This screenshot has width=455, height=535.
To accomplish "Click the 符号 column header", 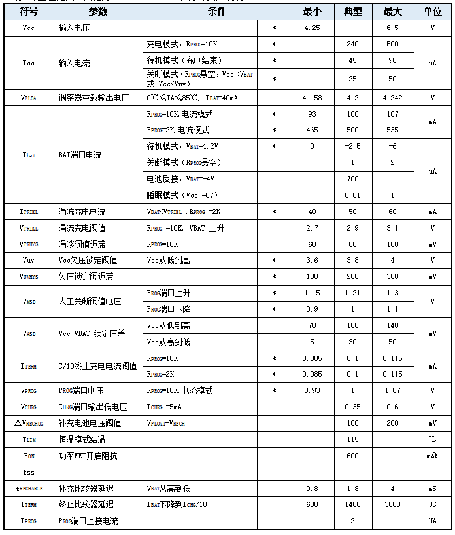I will [x=28, y=12].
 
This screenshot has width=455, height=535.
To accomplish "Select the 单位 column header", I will [x=432, y=12].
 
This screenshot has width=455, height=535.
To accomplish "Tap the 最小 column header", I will [x=312, y=12].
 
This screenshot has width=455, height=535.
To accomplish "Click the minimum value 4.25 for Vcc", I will [x=312, y=28].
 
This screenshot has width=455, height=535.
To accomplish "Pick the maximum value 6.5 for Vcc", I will [x=392, y=28].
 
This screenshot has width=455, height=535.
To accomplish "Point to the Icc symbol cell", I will [x=28, y=63].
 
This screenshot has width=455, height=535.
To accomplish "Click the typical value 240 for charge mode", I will [x=352, y=45].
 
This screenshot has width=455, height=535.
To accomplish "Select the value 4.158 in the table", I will [x=312, y=98].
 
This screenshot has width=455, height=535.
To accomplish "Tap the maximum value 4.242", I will [x=392, y=98].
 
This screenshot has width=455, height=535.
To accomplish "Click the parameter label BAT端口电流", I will [x=80, y=155].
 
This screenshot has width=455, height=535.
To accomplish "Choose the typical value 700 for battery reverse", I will [x=352, y=179].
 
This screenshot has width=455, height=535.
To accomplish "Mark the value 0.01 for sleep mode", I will [x=352, y=195].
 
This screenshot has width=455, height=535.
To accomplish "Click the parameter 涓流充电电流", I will [x=82, y=212].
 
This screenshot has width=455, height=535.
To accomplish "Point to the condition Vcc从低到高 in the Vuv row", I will [x=169, y=260].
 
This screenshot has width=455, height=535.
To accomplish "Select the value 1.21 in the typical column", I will [x=352, y=293].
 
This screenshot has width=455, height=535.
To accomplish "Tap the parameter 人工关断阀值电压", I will [x=90, y=301].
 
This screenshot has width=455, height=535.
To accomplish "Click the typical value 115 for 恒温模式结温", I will [x=352, y=439].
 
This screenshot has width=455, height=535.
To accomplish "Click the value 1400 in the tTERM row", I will [x=352, y=504].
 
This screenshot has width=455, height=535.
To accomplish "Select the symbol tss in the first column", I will [x=28, y=471].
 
